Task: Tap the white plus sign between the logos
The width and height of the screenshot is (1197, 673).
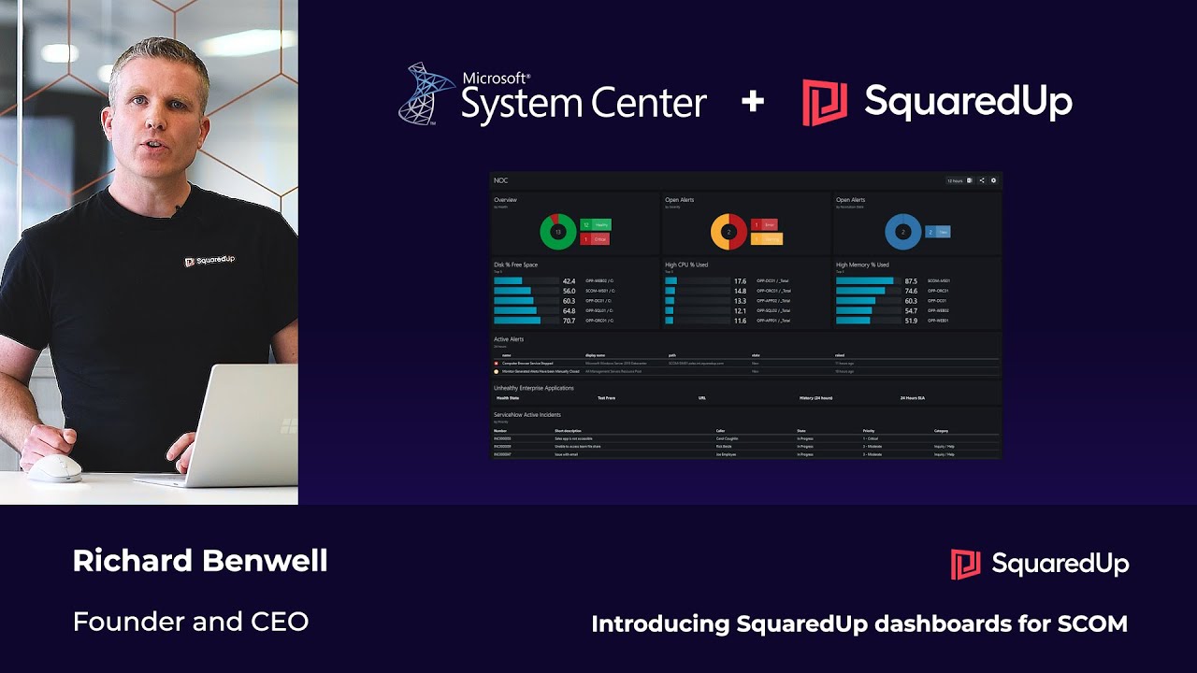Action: coord(753,101)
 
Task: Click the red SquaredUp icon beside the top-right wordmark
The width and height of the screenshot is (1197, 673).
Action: coord(825,102)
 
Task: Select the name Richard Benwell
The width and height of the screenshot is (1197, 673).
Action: coord(200,561)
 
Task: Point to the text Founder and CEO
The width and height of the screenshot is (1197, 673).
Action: coord(191,621)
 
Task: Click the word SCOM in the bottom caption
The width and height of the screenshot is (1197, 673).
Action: coord(1090,623)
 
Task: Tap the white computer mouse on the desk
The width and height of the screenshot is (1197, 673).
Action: coord(53,469)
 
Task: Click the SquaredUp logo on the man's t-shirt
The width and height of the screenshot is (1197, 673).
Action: coord(209,261)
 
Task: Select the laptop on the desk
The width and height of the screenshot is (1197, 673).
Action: coord(224,430)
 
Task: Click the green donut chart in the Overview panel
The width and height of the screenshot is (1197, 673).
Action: coord(558,231)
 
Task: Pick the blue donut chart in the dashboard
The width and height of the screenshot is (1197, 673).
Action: coord(903,231)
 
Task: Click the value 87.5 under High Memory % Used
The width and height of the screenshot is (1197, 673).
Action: coord(911,280)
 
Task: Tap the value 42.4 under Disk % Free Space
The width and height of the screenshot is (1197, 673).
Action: coord(569,280)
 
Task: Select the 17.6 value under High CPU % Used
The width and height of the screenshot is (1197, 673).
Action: coord(740,280)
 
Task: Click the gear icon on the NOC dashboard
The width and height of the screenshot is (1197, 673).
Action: coord(993,180)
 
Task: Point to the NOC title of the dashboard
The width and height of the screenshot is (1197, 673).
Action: coord(501,180)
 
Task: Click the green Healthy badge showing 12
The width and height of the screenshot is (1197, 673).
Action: coord(595,224)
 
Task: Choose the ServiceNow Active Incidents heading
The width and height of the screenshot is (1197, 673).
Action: coord(527,414)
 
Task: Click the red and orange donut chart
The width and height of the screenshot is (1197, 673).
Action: coord(729,231)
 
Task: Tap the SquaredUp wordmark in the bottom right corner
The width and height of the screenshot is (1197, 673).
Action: coord(1060,564)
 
